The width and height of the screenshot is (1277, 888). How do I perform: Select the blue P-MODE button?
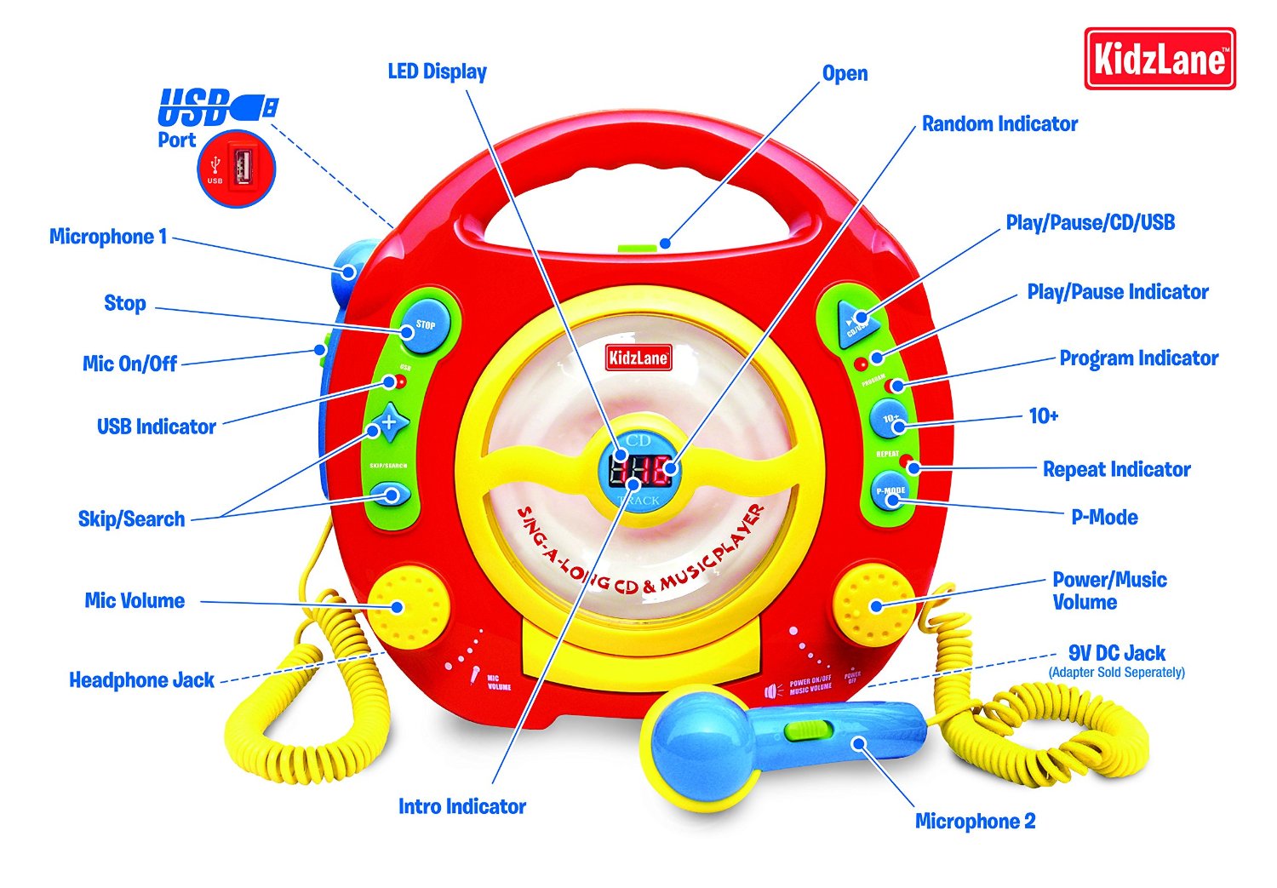pos(890,493)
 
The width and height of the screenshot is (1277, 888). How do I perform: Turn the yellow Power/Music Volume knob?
pos(873,605)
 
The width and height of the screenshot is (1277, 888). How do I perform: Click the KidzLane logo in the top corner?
pos(1160,60)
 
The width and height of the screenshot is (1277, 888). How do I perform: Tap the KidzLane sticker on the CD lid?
pos(638,358)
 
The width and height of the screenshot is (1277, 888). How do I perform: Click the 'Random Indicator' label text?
pos(999,124)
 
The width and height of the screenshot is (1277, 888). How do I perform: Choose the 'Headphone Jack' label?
pos(141,680)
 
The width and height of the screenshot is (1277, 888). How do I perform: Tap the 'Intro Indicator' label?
pos(461,806)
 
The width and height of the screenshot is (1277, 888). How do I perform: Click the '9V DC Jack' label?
pos(1116,654)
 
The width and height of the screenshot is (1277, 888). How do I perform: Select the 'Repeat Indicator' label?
pos(1116,469)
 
